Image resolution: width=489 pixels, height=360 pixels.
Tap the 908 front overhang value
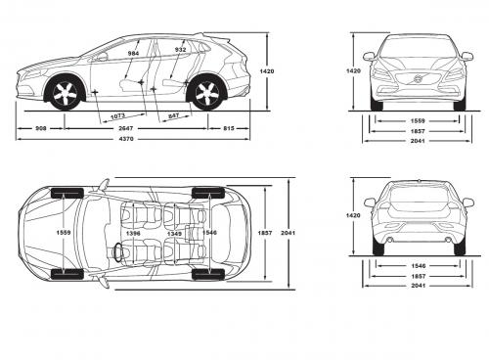pyautogui.click(x=41, y=128)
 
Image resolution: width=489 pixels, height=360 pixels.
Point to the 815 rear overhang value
pyautogui.click(x=228, y=128)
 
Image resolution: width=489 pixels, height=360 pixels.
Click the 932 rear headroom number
pyautogui.click(x=181, y=48)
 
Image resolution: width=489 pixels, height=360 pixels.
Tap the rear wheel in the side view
pyautogui.click(x=207, y=95)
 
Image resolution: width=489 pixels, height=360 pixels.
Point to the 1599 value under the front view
pyautogui.click(x=417, y=121)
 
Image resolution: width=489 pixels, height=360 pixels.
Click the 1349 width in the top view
pyautogui.click(x=173, y=234)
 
